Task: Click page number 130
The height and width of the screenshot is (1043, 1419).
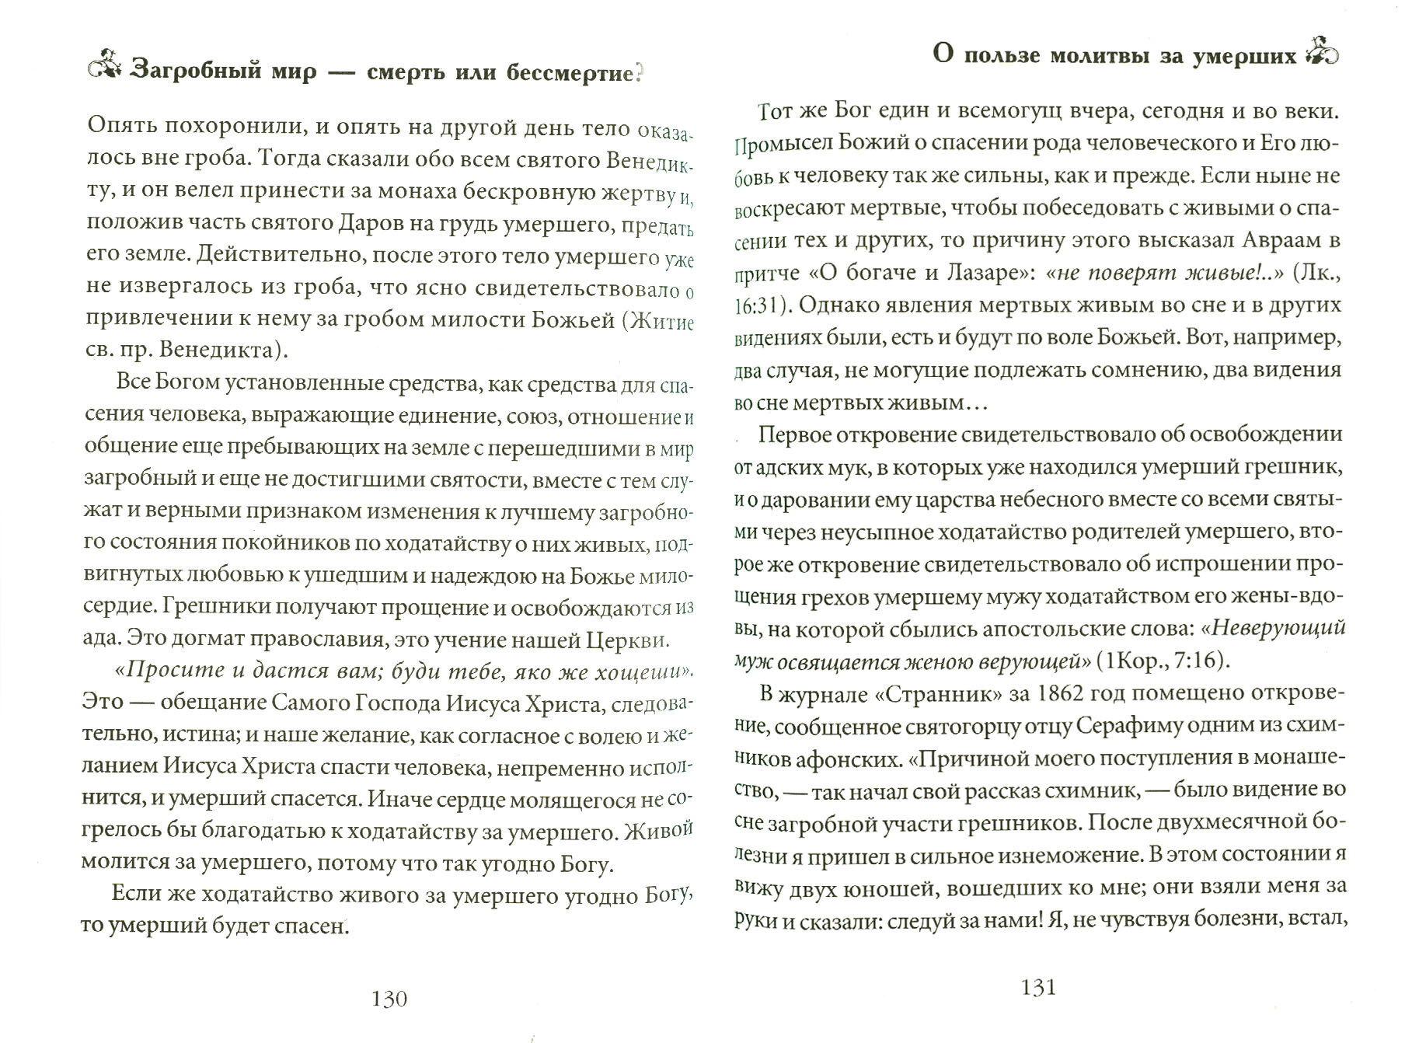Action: click(389, 999)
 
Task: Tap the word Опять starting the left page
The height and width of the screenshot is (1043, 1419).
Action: click(120, 126)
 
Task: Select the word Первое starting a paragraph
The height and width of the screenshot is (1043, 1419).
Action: click(801, 434)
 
